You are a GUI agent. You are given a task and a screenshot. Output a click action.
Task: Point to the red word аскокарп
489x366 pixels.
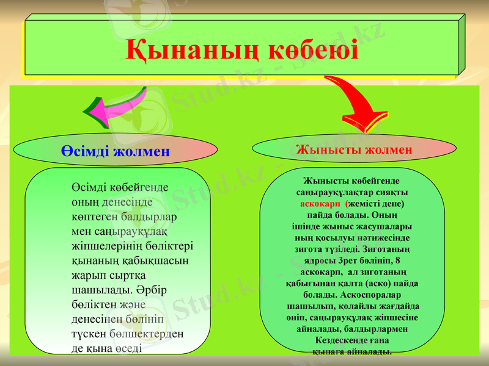pyautogui.click(x=320, y=203)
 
